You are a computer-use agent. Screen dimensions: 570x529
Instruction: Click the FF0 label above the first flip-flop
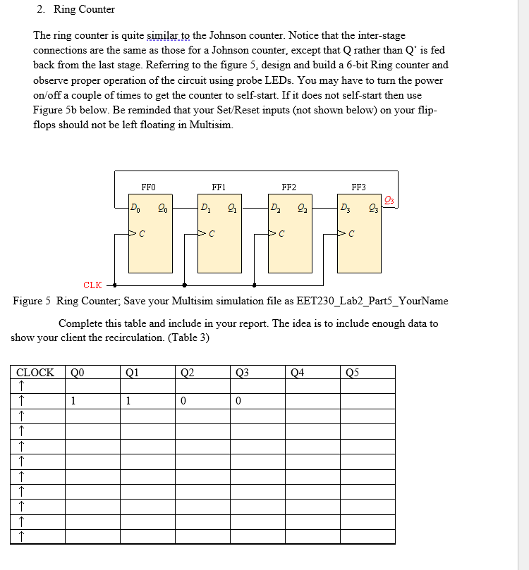tap(148, 187)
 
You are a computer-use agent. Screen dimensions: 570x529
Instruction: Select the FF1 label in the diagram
tap(219, 187)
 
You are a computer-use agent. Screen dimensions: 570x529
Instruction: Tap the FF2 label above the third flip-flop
tap(288, 187)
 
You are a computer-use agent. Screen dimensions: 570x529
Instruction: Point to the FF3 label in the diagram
tap(358, 187)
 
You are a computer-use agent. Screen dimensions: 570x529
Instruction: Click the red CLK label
tap(92, 285)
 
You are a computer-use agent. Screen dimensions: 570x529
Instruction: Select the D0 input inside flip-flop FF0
tap(135, 207)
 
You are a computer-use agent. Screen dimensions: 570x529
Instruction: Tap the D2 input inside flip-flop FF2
tap(274, 207)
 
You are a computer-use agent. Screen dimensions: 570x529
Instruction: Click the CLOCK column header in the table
tap(35, 373)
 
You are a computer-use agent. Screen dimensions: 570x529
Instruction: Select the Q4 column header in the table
tap(298, 373)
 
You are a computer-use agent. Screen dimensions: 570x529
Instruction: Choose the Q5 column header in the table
tap(353, 373)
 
